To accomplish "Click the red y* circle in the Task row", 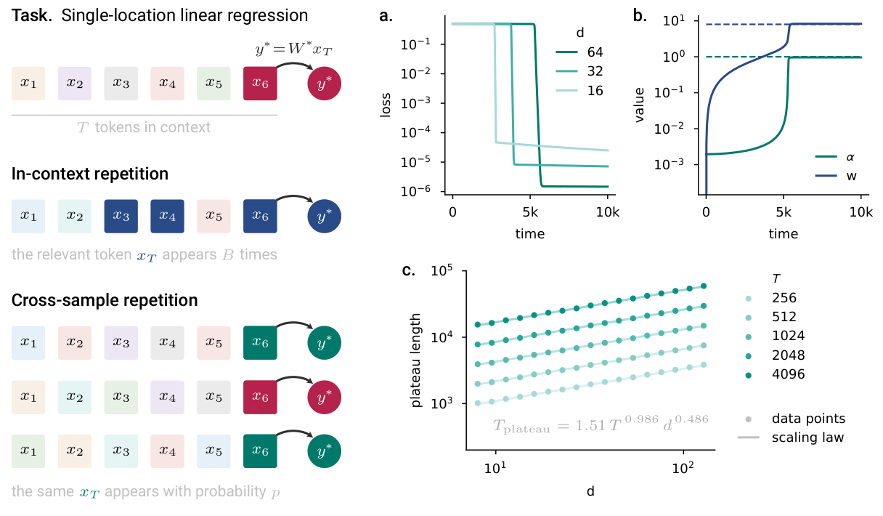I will pyautogui.click(x=325, y=84).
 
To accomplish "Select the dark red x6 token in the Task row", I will pyautogui.click(x=260, y=84).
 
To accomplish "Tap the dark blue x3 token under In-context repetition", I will pyautogui.click(x=121, y=216).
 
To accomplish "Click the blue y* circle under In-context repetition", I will pyautogui.click(x=325, y=216).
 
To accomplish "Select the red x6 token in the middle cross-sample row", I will pyautogui.click(x=260, y=396).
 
